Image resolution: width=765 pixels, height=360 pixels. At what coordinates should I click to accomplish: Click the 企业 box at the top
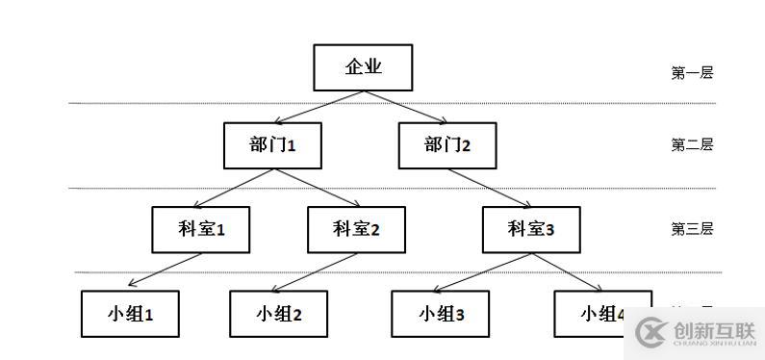[x=363, y=67]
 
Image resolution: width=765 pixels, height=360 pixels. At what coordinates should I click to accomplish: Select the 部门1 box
[x=272, y=145]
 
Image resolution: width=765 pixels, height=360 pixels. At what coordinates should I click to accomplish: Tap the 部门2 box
[x=447, y=145]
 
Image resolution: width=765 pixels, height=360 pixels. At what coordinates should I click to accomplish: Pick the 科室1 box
[x=201, y=229]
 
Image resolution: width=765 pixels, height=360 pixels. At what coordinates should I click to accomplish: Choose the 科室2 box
[x=356, y=229]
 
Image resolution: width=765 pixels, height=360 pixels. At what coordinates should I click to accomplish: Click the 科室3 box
[x=531, y=229]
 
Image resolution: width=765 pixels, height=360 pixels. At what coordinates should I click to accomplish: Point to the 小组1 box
[x=130, y=313]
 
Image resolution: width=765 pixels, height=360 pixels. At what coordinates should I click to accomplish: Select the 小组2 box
[x=279, y=313]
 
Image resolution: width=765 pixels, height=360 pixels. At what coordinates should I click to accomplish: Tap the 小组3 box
[x=442, y=313]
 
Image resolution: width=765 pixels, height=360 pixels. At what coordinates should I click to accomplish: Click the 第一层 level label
[x=692, y=72]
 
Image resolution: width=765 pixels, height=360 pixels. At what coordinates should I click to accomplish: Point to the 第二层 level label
[x=692, y=145]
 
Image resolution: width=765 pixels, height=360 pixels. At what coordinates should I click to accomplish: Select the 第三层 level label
[x=692, y=229]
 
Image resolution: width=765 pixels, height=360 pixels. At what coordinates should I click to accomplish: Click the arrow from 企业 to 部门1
[x=318, y=107]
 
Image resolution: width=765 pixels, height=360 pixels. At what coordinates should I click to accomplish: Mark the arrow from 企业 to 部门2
[x=405, y=107]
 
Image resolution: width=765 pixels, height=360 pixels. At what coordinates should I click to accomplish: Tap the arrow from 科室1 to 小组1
[x=166, y=270]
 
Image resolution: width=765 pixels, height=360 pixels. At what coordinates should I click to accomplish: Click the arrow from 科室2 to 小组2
[x=316, y=270]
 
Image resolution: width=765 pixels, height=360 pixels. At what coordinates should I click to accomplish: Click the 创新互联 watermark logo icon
[x=651, y=332]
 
